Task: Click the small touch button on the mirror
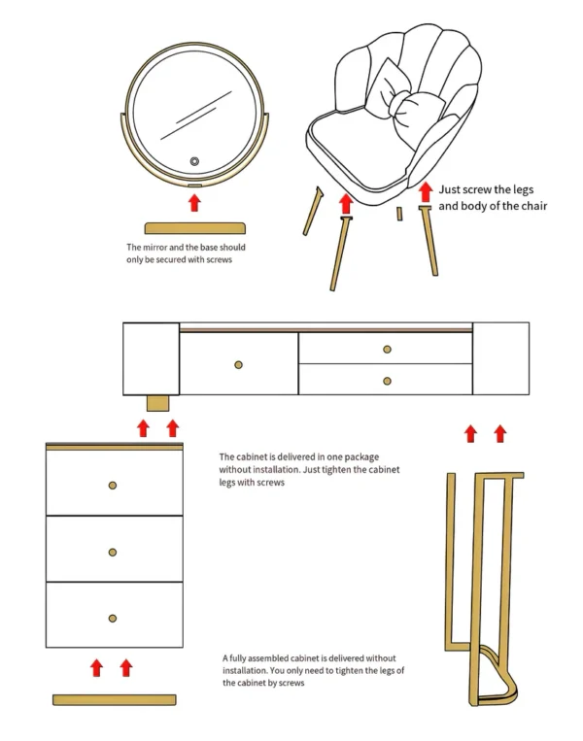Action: [x=194, y=161]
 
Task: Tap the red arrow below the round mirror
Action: [x=194, y=202]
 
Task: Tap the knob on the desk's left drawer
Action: [x=238, y=365]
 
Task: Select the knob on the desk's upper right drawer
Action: [x=386, y=349]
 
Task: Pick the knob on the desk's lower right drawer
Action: [x=386, y=381]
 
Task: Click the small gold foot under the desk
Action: [x=157, y=402]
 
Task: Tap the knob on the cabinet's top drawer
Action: [x=113, y=485]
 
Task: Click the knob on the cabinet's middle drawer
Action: [x=113, y=551]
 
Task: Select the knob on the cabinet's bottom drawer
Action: [x=113, y=618]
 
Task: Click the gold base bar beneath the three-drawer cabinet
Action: [x=114, y=699]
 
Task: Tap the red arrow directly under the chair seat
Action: [x=344, y=204]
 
